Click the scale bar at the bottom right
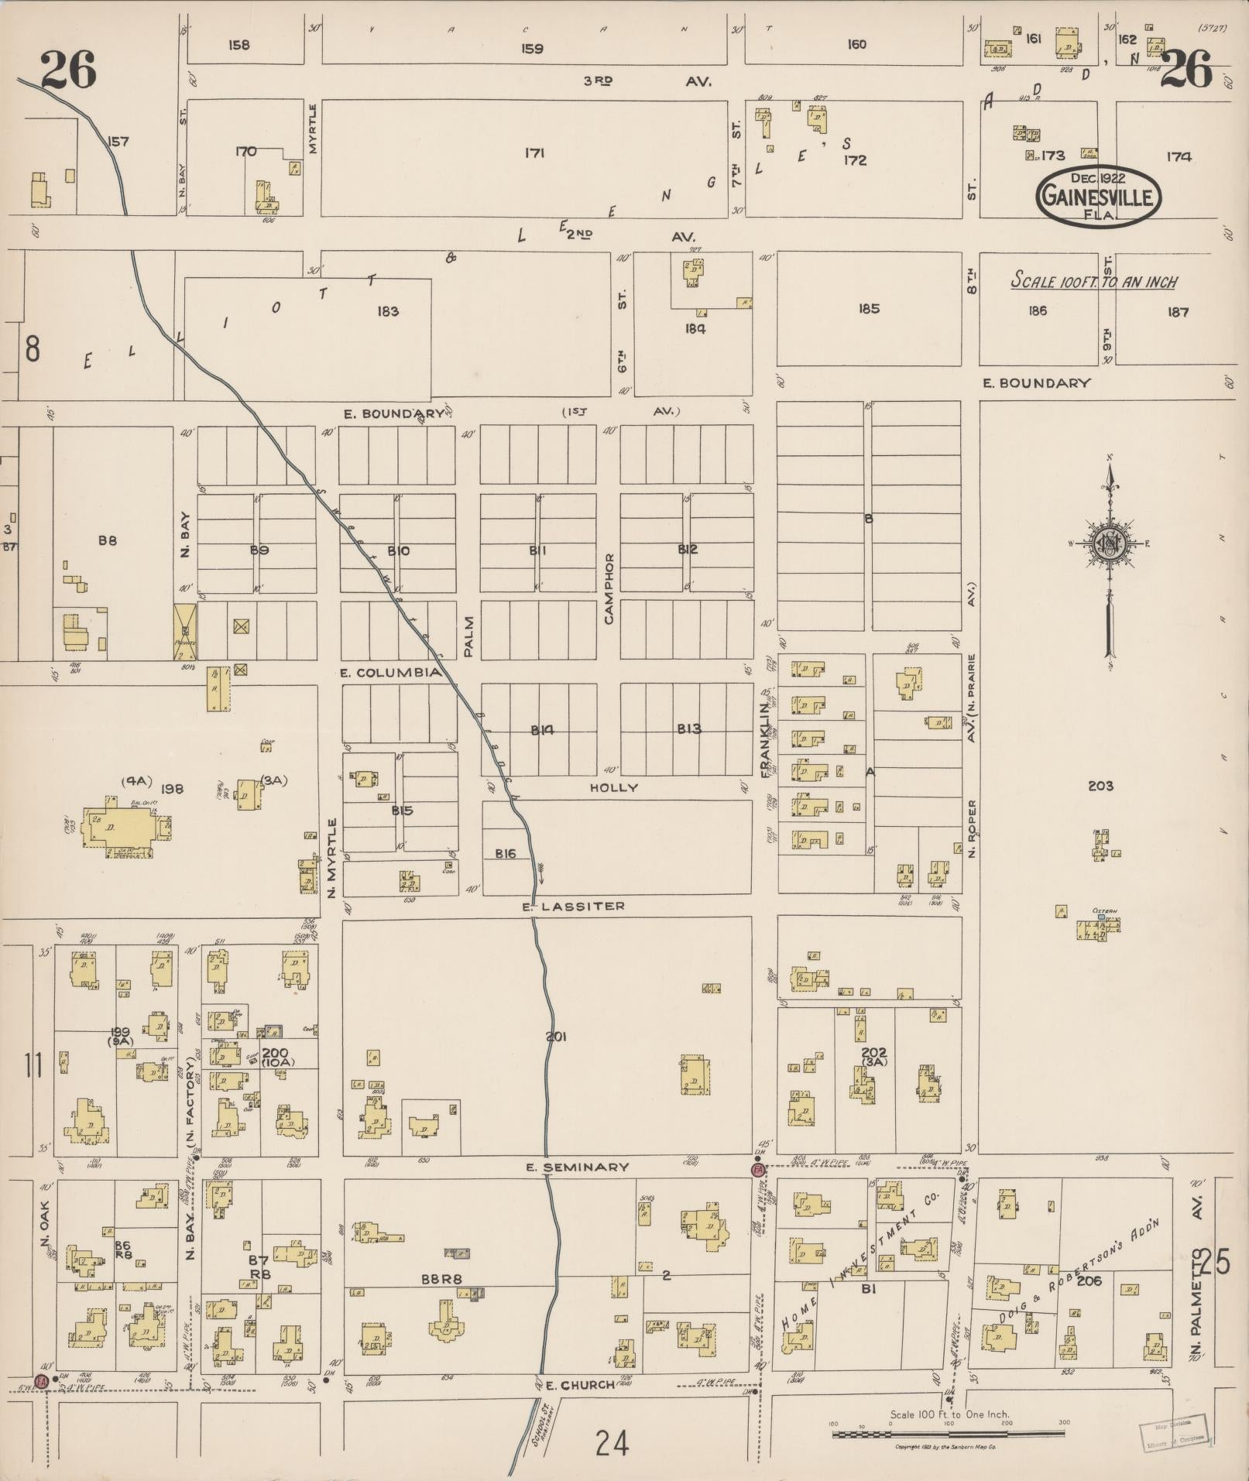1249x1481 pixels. (948, 1435)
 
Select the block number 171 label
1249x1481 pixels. (534, 153)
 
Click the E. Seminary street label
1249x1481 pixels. (577, 1167)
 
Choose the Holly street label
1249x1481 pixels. (614, 787)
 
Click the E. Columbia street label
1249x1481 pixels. (391, 672)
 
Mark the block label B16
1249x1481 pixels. (506, 853)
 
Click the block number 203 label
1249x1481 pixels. (1100, 786)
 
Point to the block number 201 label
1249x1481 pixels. (556, 1036)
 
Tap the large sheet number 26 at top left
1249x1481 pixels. (68, 70)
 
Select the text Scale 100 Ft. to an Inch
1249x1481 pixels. (1094, 281)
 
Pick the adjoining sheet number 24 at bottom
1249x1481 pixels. (612, 1444)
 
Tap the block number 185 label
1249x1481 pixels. (869, 309)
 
